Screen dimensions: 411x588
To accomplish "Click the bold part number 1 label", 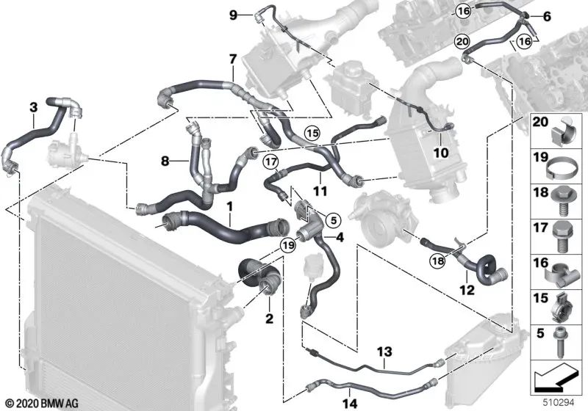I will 230,208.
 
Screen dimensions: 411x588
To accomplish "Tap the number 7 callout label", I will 232,58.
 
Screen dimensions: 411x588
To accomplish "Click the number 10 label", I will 442,153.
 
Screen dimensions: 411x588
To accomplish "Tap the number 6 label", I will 546,15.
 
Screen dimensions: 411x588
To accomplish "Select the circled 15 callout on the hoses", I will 313,134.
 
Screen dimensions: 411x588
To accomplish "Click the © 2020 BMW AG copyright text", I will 35,402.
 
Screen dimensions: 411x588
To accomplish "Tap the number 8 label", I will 165,159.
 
